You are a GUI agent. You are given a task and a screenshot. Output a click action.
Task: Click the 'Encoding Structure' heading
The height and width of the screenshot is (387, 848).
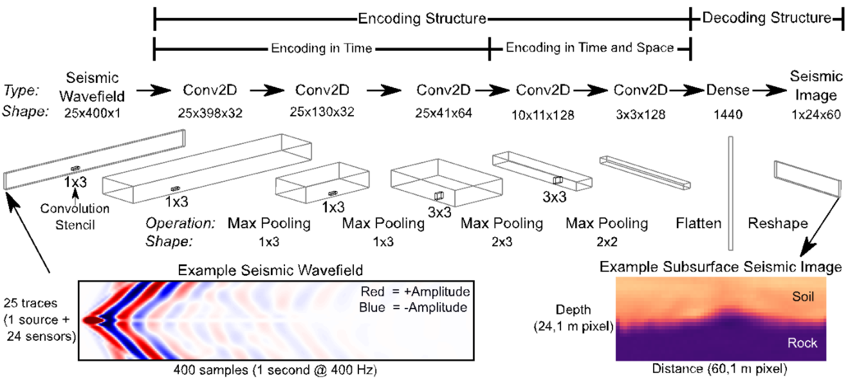422,18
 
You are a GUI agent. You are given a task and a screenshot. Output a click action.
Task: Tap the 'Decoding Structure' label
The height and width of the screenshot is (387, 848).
766,17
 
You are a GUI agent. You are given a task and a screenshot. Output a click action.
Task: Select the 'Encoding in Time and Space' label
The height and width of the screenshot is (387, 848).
590,48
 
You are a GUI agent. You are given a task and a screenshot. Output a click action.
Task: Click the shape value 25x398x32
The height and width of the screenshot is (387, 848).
210,113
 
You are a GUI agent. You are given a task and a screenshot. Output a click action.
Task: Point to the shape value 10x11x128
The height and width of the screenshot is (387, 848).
543,114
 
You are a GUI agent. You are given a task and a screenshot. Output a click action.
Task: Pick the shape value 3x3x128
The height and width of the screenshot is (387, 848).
641,114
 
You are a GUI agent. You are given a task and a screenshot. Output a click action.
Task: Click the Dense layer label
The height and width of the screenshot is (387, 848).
728,90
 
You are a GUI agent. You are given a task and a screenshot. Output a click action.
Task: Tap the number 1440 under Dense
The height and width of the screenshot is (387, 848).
728,114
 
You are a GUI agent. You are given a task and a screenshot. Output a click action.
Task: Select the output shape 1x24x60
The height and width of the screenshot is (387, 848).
816,114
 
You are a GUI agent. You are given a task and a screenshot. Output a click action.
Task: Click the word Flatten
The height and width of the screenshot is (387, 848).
699,223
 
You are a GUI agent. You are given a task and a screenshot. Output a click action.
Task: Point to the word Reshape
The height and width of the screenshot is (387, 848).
778,223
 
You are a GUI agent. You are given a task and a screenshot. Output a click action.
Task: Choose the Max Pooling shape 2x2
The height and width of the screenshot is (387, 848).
607,241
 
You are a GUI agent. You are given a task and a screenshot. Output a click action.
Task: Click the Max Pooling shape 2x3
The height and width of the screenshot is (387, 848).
502,241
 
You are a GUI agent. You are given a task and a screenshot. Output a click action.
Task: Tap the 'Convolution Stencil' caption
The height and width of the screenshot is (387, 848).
75,217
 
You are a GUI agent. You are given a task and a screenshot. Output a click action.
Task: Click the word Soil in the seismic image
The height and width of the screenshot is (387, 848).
803,296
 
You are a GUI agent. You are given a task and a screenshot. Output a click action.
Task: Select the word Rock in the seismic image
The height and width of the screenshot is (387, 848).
802,343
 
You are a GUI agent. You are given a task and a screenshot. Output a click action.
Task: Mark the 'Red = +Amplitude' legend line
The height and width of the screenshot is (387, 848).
415,291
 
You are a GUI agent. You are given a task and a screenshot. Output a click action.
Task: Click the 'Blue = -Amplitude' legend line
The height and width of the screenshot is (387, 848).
413,307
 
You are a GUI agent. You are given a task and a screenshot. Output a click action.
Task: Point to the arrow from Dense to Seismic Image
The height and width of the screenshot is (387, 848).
770,91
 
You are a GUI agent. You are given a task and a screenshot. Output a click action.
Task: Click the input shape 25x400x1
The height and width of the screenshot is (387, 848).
92,113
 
